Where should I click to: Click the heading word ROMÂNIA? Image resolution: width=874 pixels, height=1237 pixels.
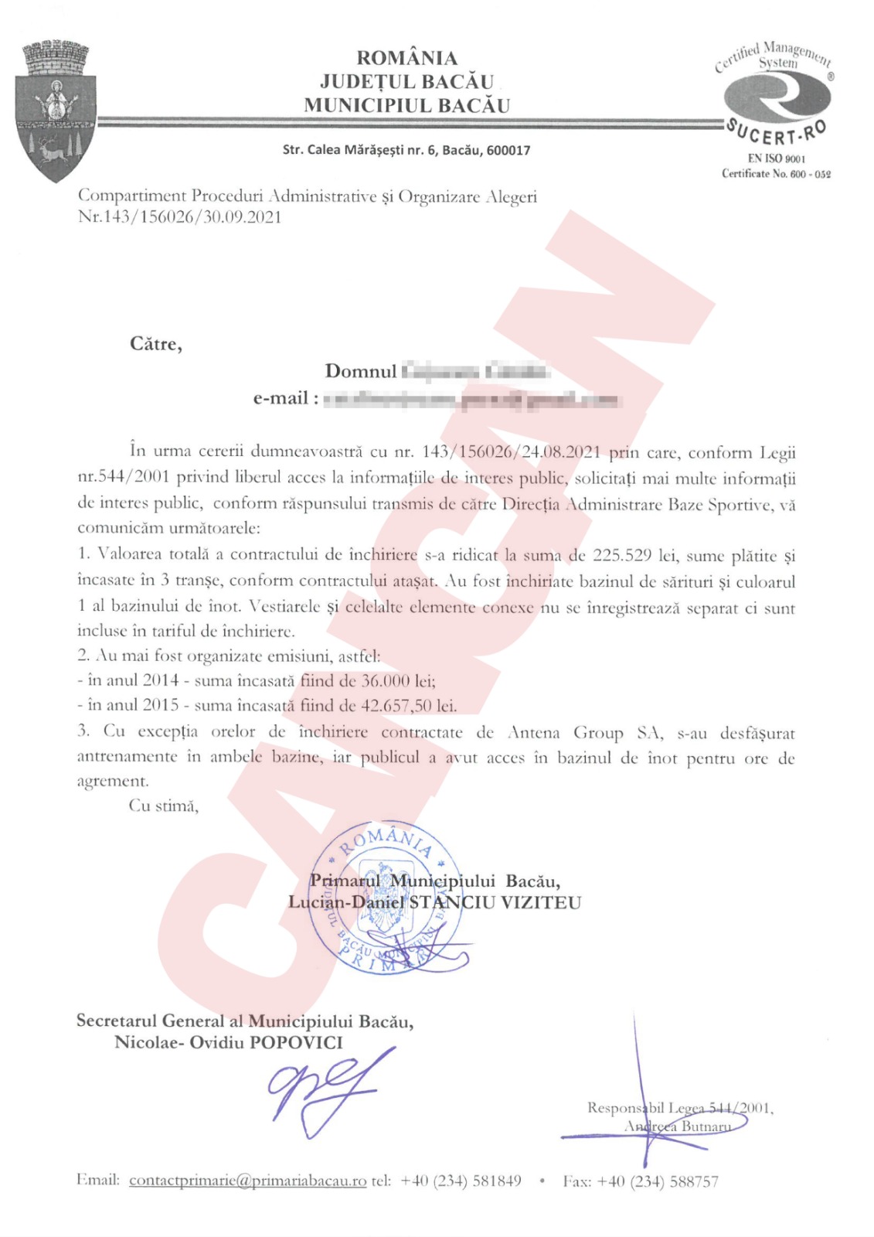click(406, 58)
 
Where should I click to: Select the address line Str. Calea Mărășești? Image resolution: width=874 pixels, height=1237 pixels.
click(406, 150)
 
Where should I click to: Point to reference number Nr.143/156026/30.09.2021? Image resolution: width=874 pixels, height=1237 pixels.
click(180, 216)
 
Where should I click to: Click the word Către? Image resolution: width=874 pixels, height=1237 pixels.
click(155, 344)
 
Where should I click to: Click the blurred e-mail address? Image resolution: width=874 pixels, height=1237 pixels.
click(471, 400)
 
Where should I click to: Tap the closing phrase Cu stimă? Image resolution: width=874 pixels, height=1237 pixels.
click(164, 806)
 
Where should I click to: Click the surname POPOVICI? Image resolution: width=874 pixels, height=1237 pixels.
click(295, 1042)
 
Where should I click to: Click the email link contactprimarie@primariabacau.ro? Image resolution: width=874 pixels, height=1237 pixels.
click(247, 1181)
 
